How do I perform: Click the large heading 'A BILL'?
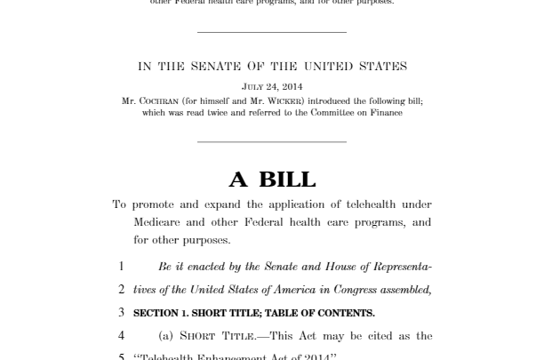[272, 180]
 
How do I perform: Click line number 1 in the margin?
[122, 267]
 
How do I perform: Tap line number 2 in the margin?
[122, 290]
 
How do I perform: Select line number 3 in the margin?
[122, 313]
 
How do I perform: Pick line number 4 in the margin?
[122, 337]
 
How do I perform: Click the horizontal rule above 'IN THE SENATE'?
[272, 32]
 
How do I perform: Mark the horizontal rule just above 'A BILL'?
[272, 140]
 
